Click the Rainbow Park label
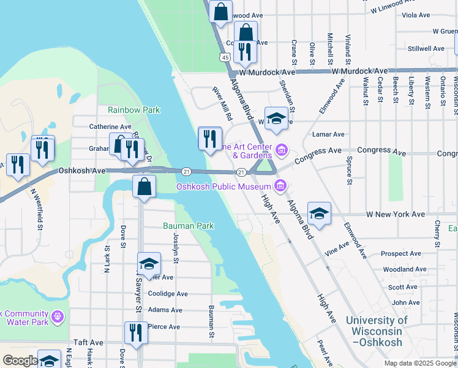(133, 110)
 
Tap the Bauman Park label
(188, 226)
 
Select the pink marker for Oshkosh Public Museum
(280, 185)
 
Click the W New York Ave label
(395, 215)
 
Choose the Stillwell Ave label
(426, 48)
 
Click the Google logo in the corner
(20, 361)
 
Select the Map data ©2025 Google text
(419, 363)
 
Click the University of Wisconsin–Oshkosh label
(377, 331)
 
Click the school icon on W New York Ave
(319, 213)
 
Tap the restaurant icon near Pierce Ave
(136, 332)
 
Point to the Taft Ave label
(88, 343)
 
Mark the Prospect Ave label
(400, 253)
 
